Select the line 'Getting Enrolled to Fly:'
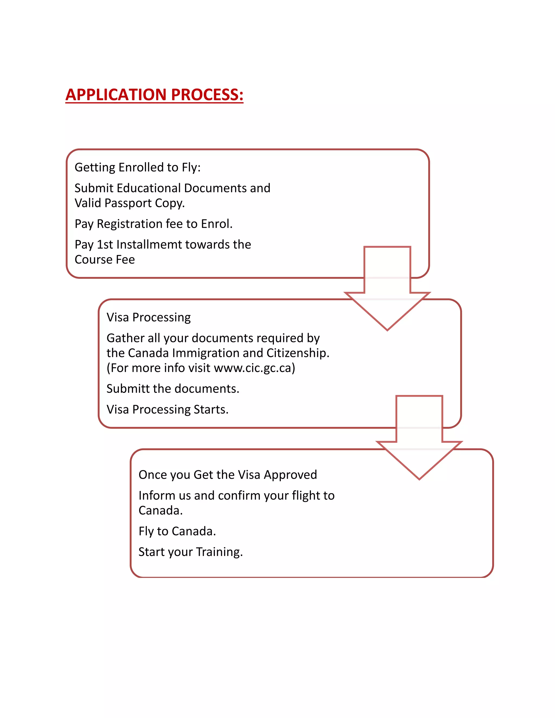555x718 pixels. (x=137, y=167)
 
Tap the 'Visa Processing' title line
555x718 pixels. (x=149, y=317)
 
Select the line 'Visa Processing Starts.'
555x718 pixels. (x=167, y=409)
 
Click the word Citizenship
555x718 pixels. (x=297, y=353)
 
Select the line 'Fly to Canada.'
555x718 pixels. (x=177, y=531)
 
